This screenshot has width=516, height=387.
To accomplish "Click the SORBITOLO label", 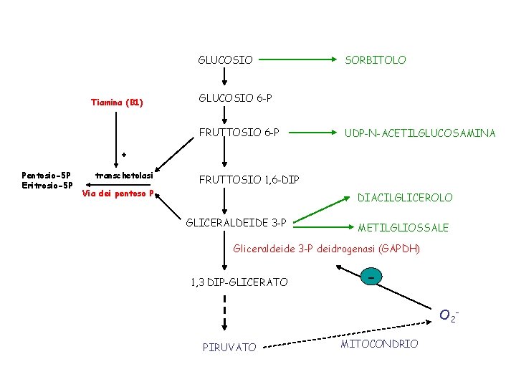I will coord(375,60).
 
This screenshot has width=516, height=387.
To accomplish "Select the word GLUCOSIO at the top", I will coord(225,60).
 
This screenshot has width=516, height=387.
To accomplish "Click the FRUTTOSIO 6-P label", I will coord(239,133).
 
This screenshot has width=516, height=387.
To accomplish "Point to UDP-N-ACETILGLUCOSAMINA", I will coord(420,133).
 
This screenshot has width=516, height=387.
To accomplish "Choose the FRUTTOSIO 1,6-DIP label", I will coord(249,179).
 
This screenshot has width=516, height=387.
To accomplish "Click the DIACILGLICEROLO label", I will coord(405,198).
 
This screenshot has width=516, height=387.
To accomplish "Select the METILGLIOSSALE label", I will coord(403,228).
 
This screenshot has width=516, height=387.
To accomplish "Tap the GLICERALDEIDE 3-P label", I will coord(236,223).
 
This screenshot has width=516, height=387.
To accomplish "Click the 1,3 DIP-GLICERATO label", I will coord(239,282).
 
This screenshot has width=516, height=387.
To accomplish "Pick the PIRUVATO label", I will coord(229,348).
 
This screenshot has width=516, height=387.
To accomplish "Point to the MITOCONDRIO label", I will coord(379,344).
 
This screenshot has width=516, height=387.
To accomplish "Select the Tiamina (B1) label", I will coord(117,102).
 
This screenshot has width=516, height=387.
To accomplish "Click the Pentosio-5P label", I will coord(47,176).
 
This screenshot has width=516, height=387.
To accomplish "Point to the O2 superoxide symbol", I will coord(449,315).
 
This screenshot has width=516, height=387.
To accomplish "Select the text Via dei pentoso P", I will coord(118,193).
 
